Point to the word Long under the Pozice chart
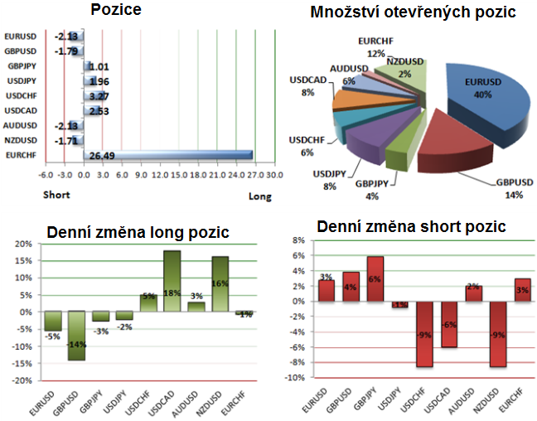point(259,196)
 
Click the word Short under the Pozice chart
point(56,196)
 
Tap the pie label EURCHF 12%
point(377,46)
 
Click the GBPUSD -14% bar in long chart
point(76,336)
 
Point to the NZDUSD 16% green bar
point(220,284)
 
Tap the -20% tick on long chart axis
point(19,380)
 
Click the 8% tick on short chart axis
point(295,240)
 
